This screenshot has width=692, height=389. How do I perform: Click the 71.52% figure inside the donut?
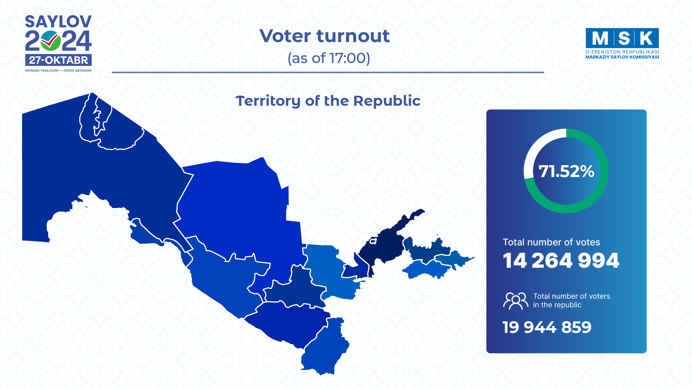click(566, 171)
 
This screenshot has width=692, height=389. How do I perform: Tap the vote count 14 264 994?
click(561, 261)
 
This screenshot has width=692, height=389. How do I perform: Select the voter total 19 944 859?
click(547, 327)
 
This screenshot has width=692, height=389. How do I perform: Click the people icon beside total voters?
click(515, 301)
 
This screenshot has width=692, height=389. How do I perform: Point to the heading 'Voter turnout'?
click(325, 36)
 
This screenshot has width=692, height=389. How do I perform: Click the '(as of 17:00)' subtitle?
click(329, 58)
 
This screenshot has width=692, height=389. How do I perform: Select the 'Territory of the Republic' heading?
click(328, 101)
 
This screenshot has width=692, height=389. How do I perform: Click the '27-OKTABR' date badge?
click(58, 60)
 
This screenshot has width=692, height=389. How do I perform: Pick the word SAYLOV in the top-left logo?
click(58, 22)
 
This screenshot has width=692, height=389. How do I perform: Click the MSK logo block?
click(622, 38)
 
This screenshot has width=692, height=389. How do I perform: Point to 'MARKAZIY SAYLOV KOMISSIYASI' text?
click(622, 57)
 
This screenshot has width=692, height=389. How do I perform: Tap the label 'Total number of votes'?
click(552, 242)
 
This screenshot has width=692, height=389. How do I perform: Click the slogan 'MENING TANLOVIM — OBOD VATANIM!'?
click(58, 71)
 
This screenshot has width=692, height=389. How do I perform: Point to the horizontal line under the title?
click(328, 72)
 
